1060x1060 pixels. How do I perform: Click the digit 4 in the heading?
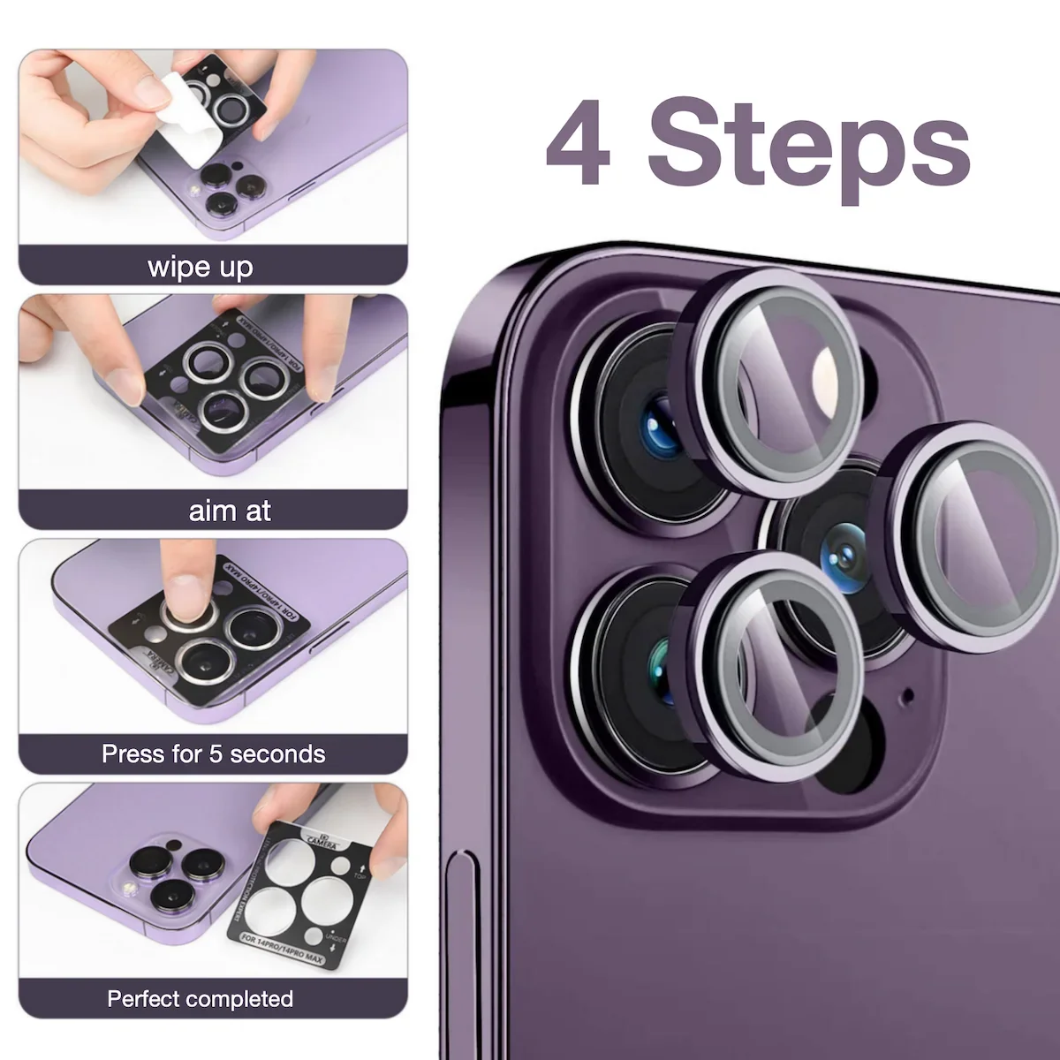579,144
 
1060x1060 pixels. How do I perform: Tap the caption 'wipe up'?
201,267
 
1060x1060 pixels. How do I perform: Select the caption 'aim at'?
230,511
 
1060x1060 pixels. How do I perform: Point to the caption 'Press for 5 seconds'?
213,754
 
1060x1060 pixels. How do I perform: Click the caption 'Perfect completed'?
201,999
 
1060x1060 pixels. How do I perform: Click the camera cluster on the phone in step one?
227,186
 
